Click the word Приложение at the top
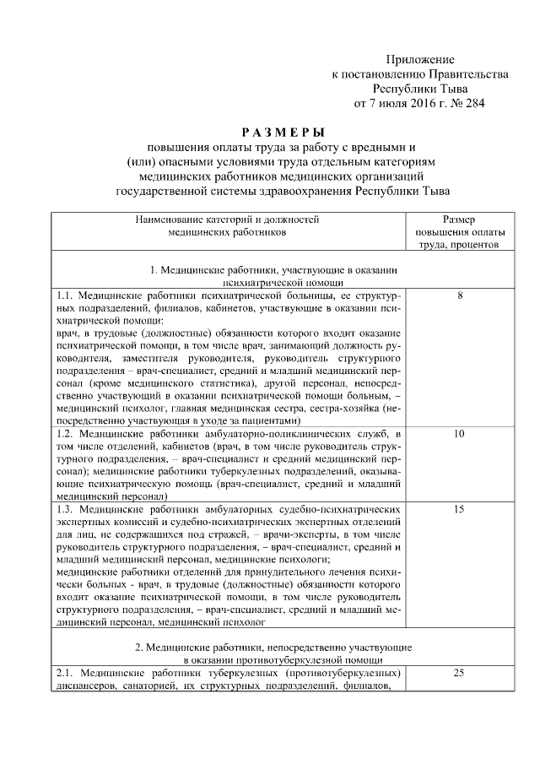point(420,59)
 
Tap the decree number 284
point(474,105)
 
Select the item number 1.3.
point(66,510)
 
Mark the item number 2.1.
point(66,673)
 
